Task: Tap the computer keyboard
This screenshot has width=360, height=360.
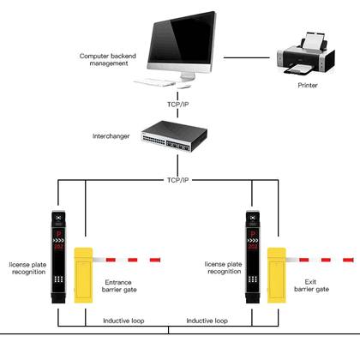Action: tap(154, 82)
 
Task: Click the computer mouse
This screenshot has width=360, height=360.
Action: tap(183, 86)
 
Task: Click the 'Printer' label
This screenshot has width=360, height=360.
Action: tap(308, 85)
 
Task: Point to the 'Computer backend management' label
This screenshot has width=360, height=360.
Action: tap(108, 60)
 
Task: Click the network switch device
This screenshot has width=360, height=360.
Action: tap(174, 136)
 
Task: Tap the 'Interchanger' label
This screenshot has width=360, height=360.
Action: tap(111, 136)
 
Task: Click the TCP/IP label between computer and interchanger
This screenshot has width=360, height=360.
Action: tap(177, 105)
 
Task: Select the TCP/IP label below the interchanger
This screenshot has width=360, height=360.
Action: tap(177, 180)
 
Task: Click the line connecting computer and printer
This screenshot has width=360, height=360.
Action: tap(246, 57)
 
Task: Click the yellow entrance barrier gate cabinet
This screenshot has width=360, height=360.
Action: tap(83, 275)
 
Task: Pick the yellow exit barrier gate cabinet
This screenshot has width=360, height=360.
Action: tap(277, 275)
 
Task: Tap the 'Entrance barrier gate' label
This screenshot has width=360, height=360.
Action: tap(119, 286)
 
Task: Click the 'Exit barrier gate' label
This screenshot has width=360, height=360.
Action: tap(311, 285)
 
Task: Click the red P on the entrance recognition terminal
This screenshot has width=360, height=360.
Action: tap(58, 234)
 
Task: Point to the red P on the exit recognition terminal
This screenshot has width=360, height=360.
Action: tap(253, 234)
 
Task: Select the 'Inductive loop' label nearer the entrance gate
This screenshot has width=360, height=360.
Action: tap(123, 321)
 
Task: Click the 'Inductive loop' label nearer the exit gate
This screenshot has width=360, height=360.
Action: tap(207, 321)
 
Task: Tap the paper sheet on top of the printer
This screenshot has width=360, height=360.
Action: tap(314, 41)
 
